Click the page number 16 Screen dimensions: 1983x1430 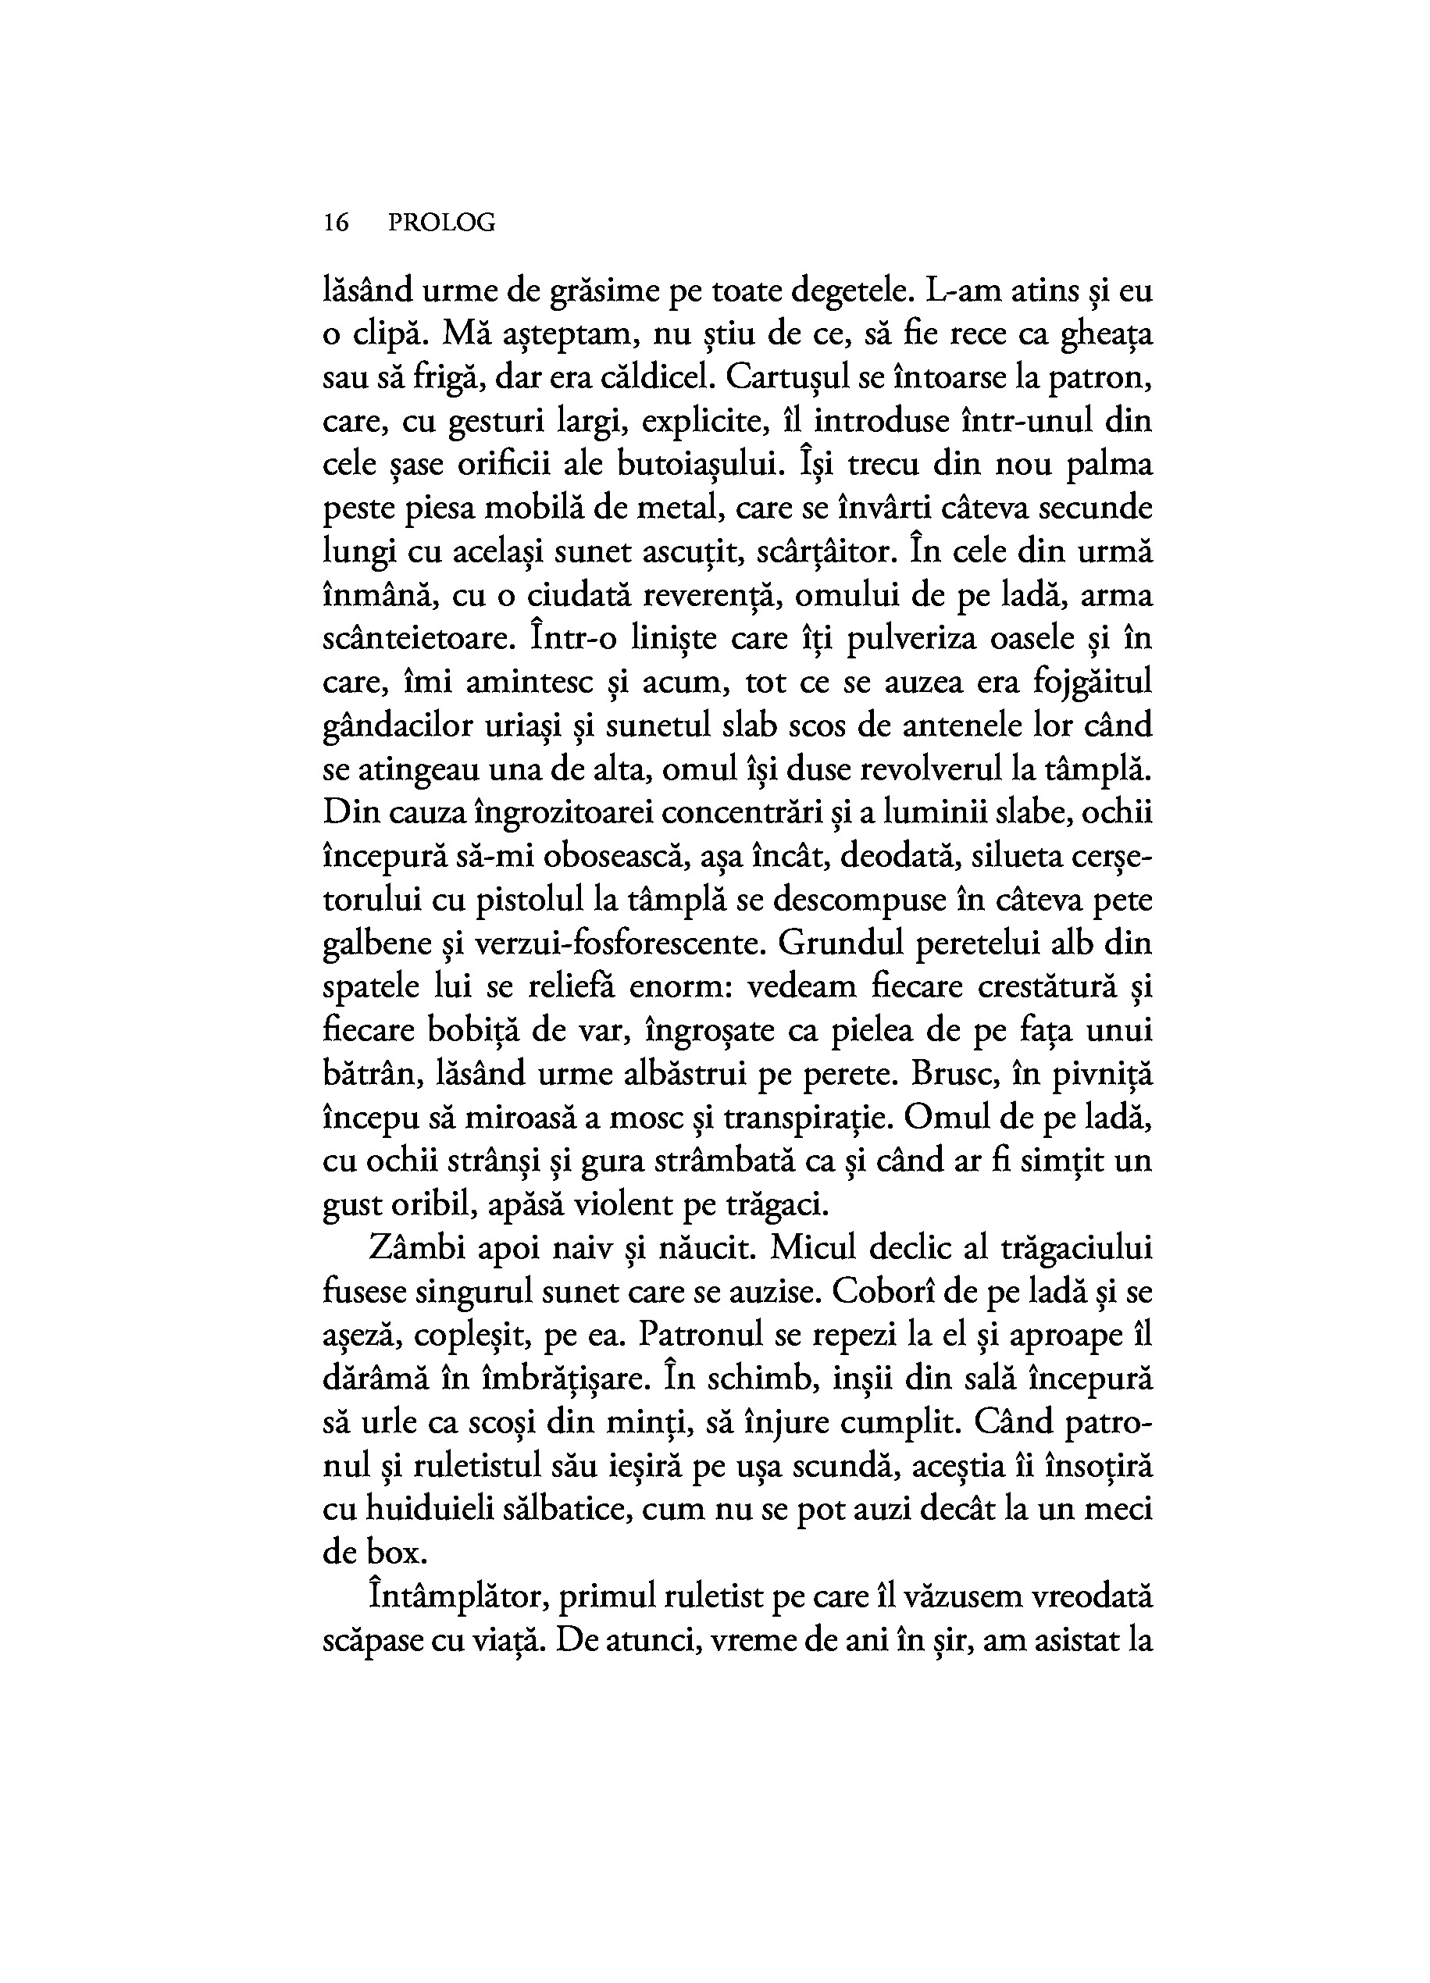click(336, 224)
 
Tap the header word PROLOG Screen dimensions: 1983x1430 click(441, 224)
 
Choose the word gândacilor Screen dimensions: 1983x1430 click(394, 726)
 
